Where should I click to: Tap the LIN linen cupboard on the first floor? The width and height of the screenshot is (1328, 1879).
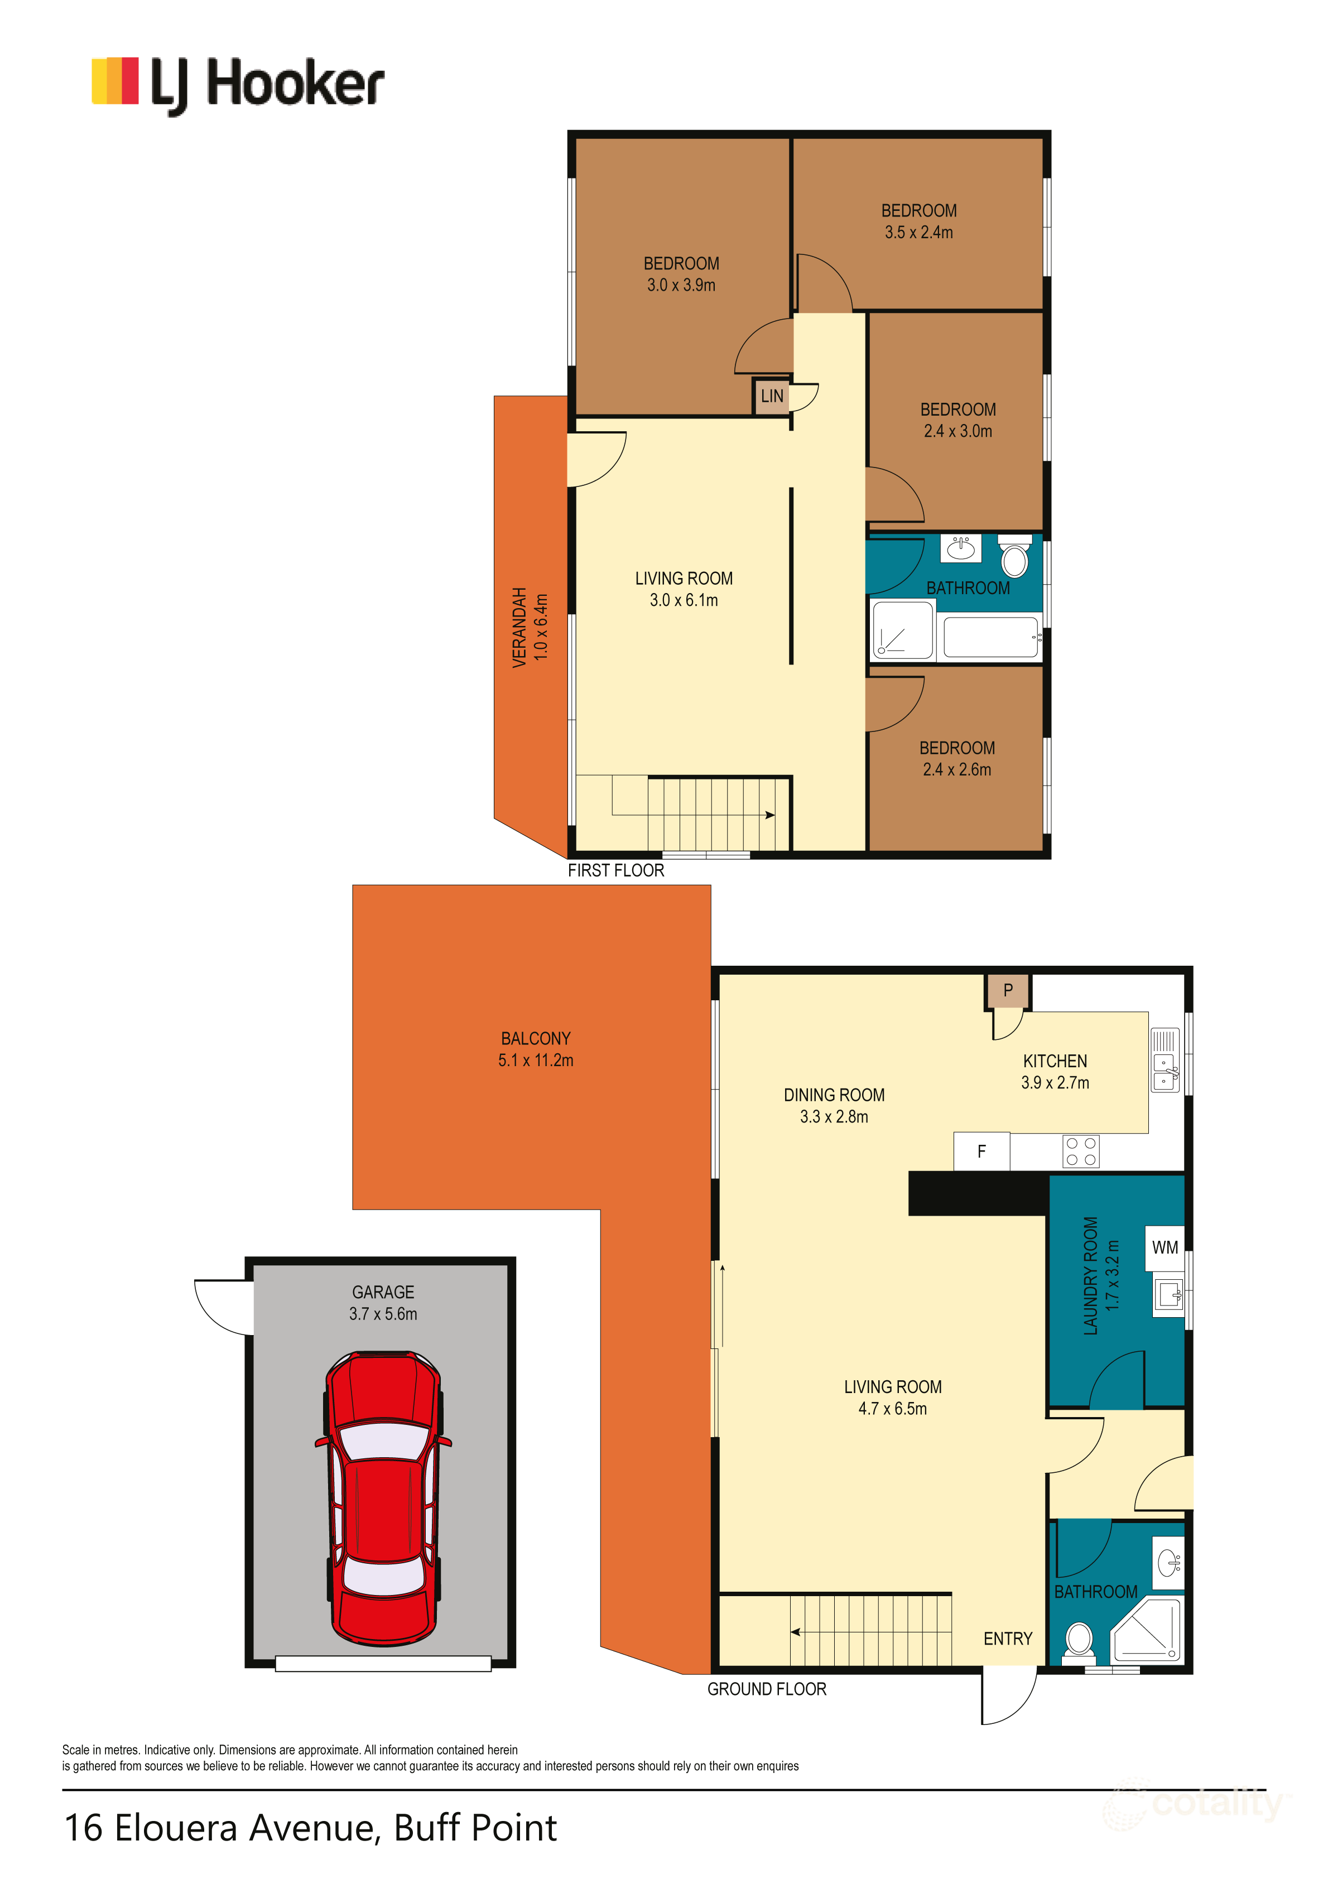pyautogui.click(x=771, y=396)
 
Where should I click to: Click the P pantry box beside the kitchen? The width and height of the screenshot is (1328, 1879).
pyautogui.click(x=1007, y=990)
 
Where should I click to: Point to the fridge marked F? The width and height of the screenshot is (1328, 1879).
pyautogui.click(x=981, y=1152)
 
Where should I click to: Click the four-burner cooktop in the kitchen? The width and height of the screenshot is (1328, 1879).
pyautogui.click(x=1080, y=1152)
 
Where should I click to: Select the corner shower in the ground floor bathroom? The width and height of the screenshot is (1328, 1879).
pyautogui.click(x=1148, y=1631)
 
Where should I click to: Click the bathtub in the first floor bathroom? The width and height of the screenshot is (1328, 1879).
pyautogui.click(x=990, y=638)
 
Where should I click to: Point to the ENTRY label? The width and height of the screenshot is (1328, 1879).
pyautogui.click(x=1007, y=1639)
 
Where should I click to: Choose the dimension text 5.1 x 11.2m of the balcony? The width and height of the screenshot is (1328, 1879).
pyautogui.click(x=536, y=1061)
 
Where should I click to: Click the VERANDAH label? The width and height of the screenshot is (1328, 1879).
pyautogui.click(x=519, y=628)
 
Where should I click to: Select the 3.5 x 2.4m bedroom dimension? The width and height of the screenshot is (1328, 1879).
pyautogui.click(x=918, y=233)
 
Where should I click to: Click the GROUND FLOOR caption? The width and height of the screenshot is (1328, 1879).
pyautogui.click(x=766, y=1689)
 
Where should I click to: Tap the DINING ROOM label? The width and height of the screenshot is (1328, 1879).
pyautogui.click(x=834, y=1095)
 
